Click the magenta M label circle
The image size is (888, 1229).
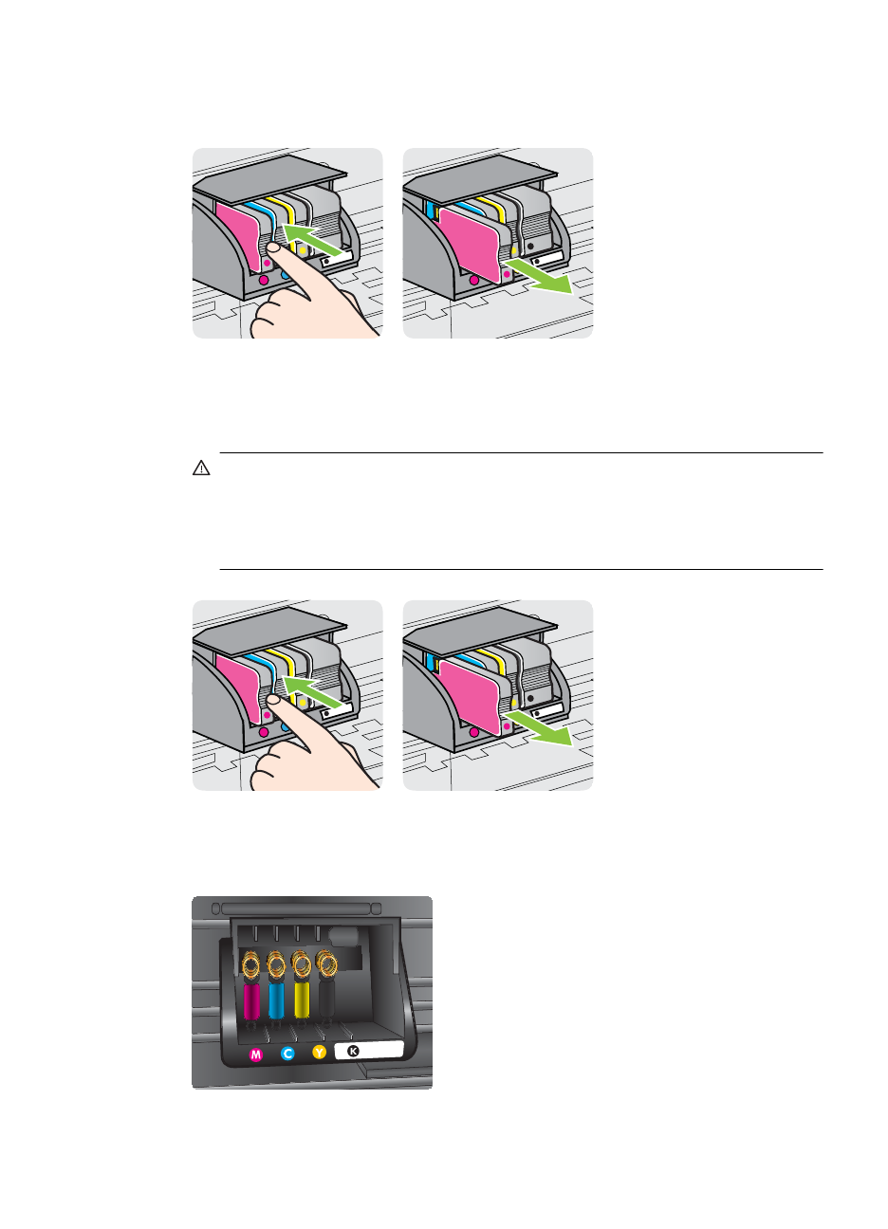pos(255,1055)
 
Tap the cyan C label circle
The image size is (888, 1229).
pos(288,1054)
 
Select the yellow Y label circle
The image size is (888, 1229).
pos(320,1052)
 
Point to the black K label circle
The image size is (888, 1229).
pos(354,1051)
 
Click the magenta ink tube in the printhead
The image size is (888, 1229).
pos(251,1000)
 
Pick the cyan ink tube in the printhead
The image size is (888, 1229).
pos(277,1000)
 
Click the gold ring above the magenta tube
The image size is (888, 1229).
pos(251,965)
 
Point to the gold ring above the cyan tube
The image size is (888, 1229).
pos(277,965)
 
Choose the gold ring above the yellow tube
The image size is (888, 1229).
pos(302,965)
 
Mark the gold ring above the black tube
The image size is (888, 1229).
pos(327,964)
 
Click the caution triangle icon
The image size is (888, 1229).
pos(200,468)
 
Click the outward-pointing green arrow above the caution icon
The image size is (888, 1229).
pos(537,275)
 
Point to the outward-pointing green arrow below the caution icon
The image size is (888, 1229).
pos(537,727)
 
